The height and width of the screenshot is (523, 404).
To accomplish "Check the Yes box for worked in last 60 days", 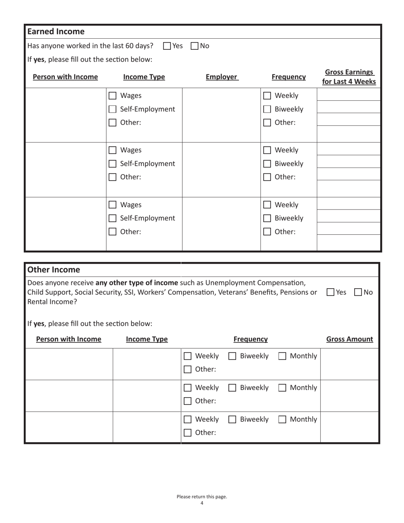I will pos(167,46).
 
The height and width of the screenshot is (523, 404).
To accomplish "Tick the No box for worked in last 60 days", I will pos(194,46).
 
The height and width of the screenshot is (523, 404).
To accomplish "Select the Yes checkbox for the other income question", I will pos(330,292).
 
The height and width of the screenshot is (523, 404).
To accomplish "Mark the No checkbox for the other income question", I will pos(358,292).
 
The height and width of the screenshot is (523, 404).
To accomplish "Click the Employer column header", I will pos(222,77).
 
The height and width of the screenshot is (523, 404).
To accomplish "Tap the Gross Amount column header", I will pos(350,339).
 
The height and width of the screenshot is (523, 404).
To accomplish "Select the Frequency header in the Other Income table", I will pos(250,339).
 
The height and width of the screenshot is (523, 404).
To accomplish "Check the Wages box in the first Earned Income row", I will pos(112,96).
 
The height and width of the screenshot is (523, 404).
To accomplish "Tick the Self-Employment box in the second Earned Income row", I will pos(112,164).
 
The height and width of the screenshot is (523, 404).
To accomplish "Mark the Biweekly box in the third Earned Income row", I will pos(267,219).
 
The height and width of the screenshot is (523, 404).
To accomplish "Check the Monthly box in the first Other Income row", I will pos(282,356).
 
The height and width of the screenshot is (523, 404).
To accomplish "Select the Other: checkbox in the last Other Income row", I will pos(188,433).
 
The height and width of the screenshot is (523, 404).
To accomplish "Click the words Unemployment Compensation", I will pos(255,283).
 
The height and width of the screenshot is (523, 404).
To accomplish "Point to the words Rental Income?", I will pos(52,302).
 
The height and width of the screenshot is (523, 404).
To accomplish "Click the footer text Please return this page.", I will pos(202,497).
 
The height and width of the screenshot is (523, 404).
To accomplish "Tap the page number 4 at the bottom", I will pos(202,503).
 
